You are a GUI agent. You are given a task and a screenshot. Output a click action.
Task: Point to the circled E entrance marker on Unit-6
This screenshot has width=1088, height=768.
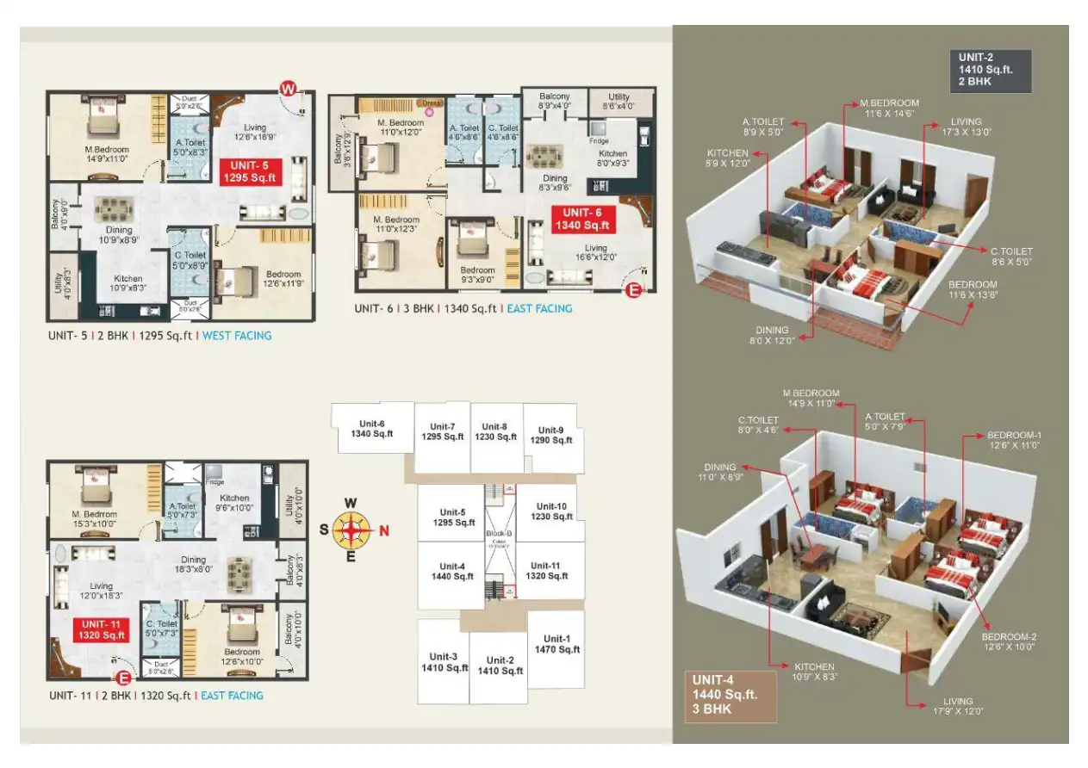[633, 291]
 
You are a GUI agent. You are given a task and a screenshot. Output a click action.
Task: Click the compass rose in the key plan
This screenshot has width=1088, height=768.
[351, 530]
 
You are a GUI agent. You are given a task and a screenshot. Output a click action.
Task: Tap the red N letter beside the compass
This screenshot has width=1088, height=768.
[384, 530]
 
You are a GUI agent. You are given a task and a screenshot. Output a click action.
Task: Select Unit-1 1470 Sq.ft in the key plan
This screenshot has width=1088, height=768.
[556, 644]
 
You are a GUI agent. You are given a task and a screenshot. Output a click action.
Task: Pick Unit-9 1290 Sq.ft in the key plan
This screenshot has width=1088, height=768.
[550, 435]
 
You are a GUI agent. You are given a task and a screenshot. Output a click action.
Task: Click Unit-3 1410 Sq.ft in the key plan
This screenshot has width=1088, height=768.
[445, 661]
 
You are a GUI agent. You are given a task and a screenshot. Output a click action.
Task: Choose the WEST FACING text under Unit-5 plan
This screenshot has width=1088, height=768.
[236, 336]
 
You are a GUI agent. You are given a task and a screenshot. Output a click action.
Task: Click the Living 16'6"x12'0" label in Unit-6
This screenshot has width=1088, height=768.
[595, 254]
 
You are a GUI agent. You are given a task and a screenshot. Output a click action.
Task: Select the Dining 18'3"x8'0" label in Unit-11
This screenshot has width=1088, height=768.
[193, 564]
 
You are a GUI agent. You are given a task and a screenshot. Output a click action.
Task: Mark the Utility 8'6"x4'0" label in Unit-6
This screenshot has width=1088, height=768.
[619, 102]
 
